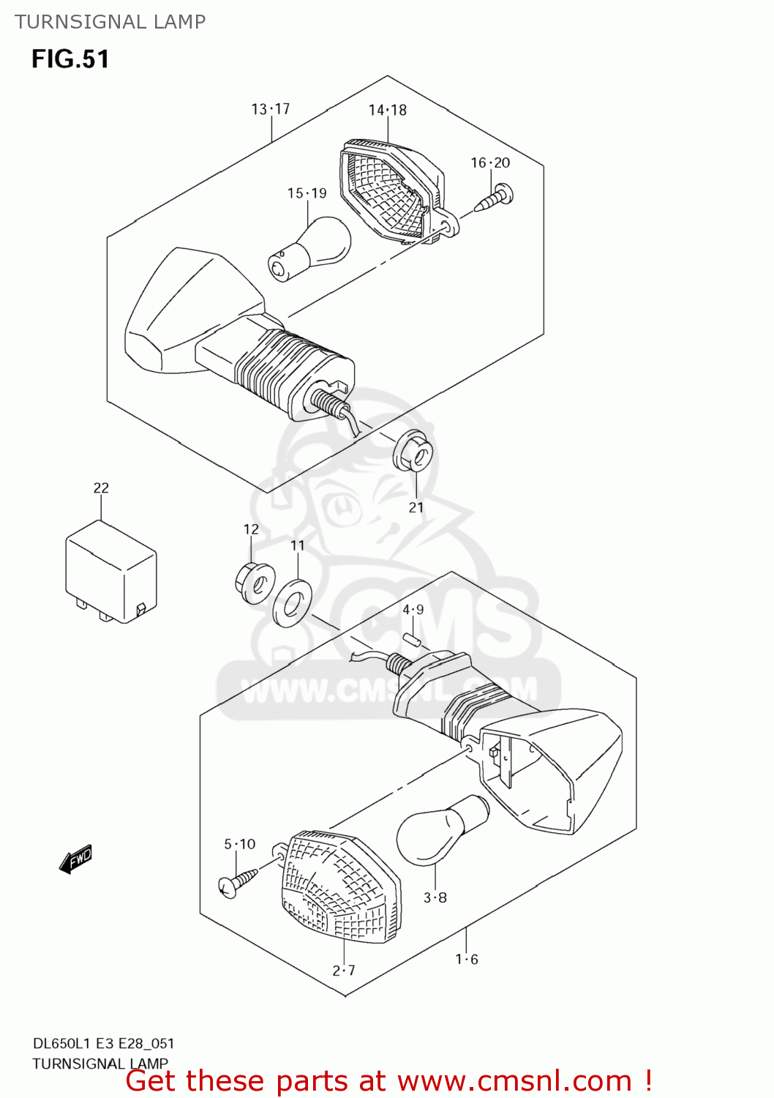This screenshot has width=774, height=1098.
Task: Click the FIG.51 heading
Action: (x=70, y=59)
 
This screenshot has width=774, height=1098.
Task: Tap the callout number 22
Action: (x=101, y=488)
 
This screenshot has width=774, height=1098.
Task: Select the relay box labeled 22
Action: (x=110, y=571)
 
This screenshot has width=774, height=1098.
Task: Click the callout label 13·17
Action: (x=271, y=109)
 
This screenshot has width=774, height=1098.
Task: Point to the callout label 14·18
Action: (x=387, y=110)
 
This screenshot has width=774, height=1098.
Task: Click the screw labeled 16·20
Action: (x=495, y=198)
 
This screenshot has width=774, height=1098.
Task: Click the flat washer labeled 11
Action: (x=292, y=603)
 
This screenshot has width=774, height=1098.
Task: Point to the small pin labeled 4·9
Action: (x=413, y=640)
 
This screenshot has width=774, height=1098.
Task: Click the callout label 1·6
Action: (x=467, y=959)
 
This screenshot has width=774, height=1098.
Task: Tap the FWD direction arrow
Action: (x=76, y=859)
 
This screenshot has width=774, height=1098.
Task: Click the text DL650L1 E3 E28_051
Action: (x=103, y=1043)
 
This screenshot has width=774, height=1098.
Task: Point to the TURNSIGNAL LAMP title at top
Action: (x=110, y=22)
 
